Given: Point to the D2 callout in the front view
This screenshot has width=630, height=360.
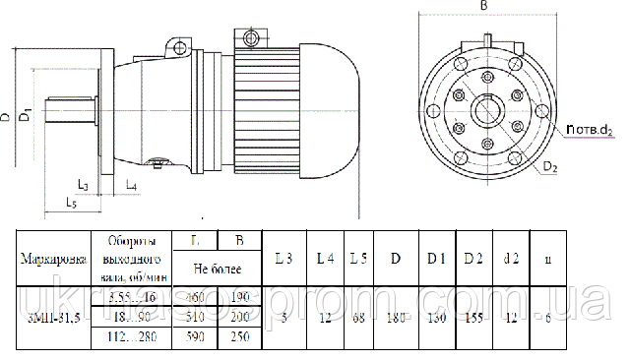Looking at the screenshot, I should pyautogui.click(x=549, y=168).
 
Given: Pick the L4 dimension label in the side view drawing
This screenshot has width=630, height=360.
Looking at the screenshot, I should pyautogui.click(x=131, y=185).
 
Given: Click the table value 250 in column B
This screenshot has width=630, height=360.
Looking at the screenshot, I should pyautogui.click(x=239, y=337).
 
